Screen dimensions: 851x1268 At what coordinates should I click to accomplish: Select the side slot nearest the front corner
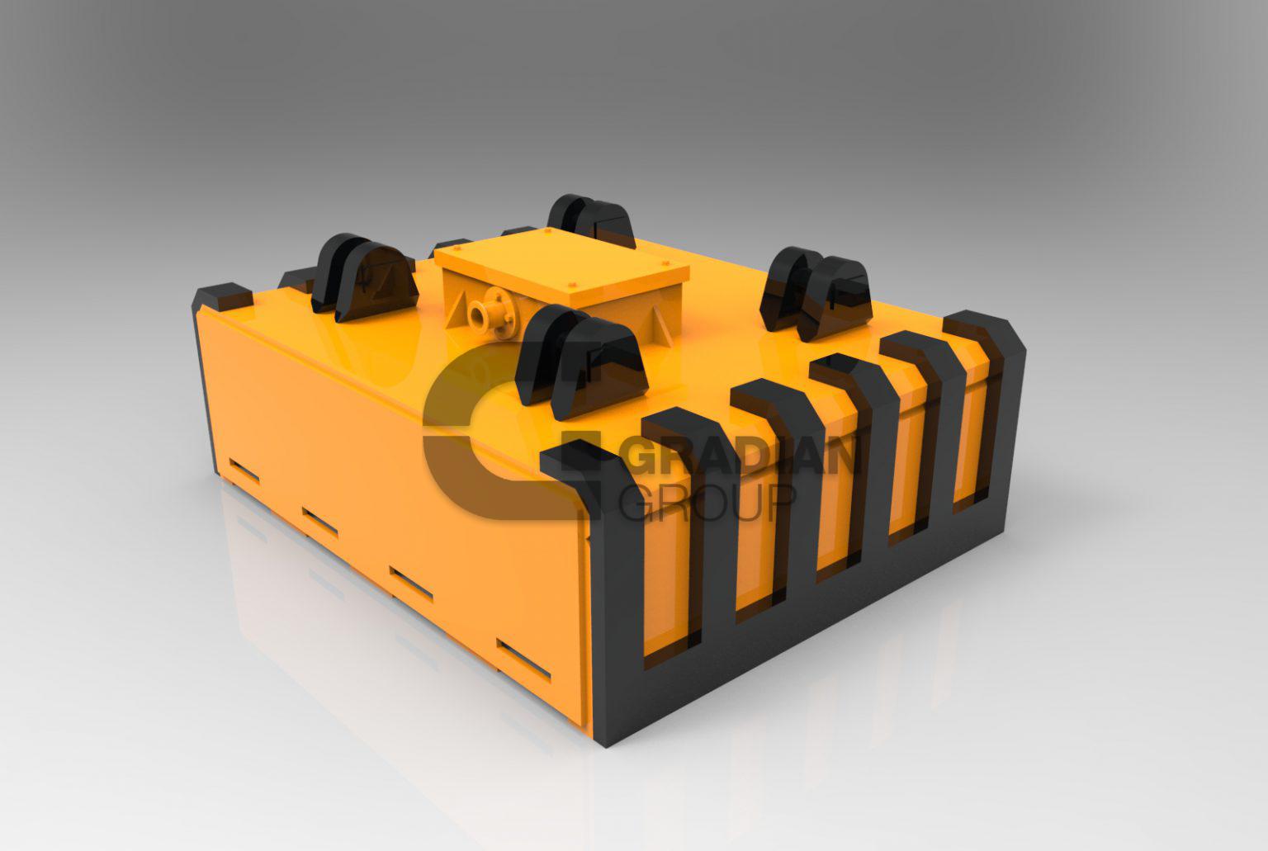[x=523, y=659]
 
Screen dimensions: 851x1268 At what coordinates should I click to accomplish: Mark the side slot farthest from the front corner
[x=244, y=471]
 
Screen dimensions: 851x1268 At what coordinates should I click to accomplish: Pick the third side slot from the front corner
[x=319, y=522]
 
